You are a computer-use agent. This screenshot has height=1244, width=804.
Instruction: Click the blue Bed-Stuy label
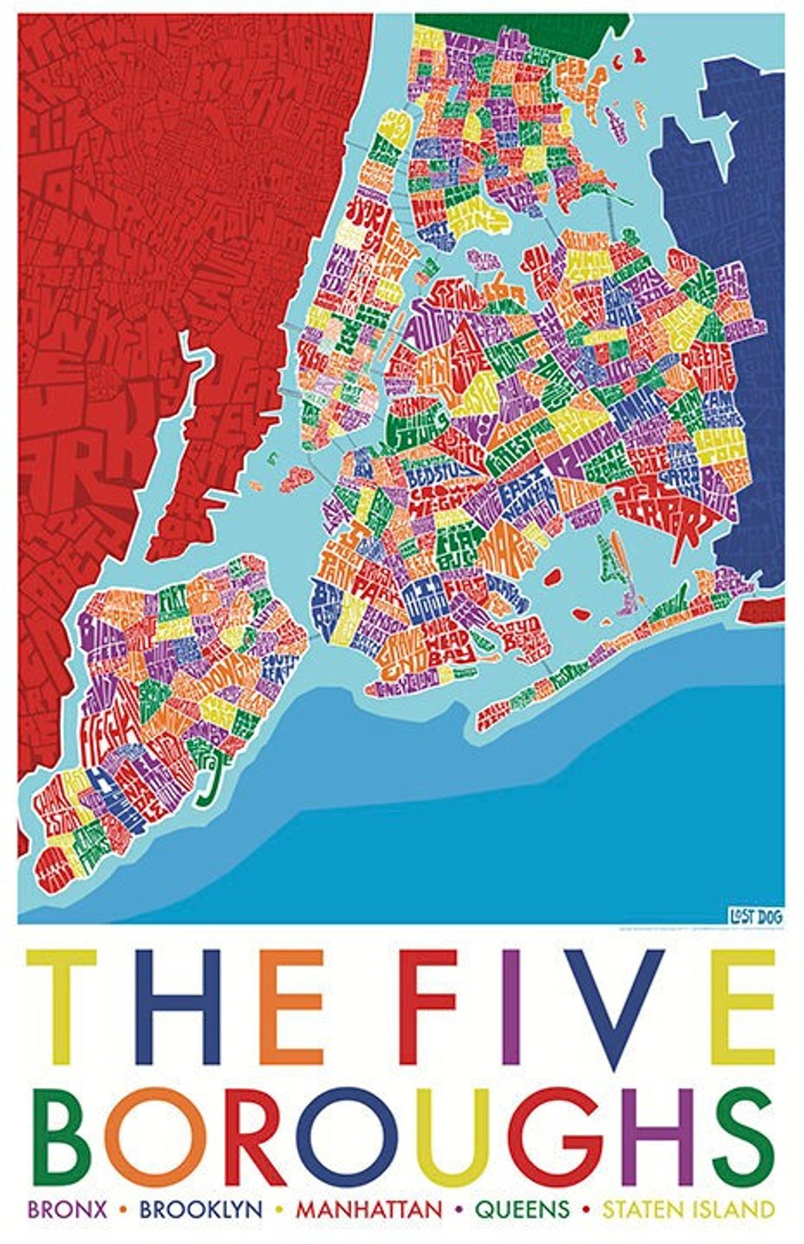click(x=432, y=476)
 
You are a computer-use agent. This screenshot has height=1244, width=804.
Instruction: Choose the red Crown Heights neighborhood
click(x=439, y=498)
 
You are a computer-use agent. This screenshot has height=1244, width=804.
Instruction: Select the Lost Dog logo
click(x=755, y=916)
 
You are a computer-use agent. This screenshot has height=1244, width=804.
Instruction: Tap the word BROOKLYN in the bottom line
click(x=201, y=1210)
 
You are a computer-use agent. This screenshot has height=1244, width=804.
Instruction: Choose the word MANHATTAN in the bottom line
click(x=368, y=1210)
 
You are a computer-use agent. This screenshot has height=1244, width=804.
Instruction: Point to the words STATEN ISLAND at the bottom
click(x=688, y=1210)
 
